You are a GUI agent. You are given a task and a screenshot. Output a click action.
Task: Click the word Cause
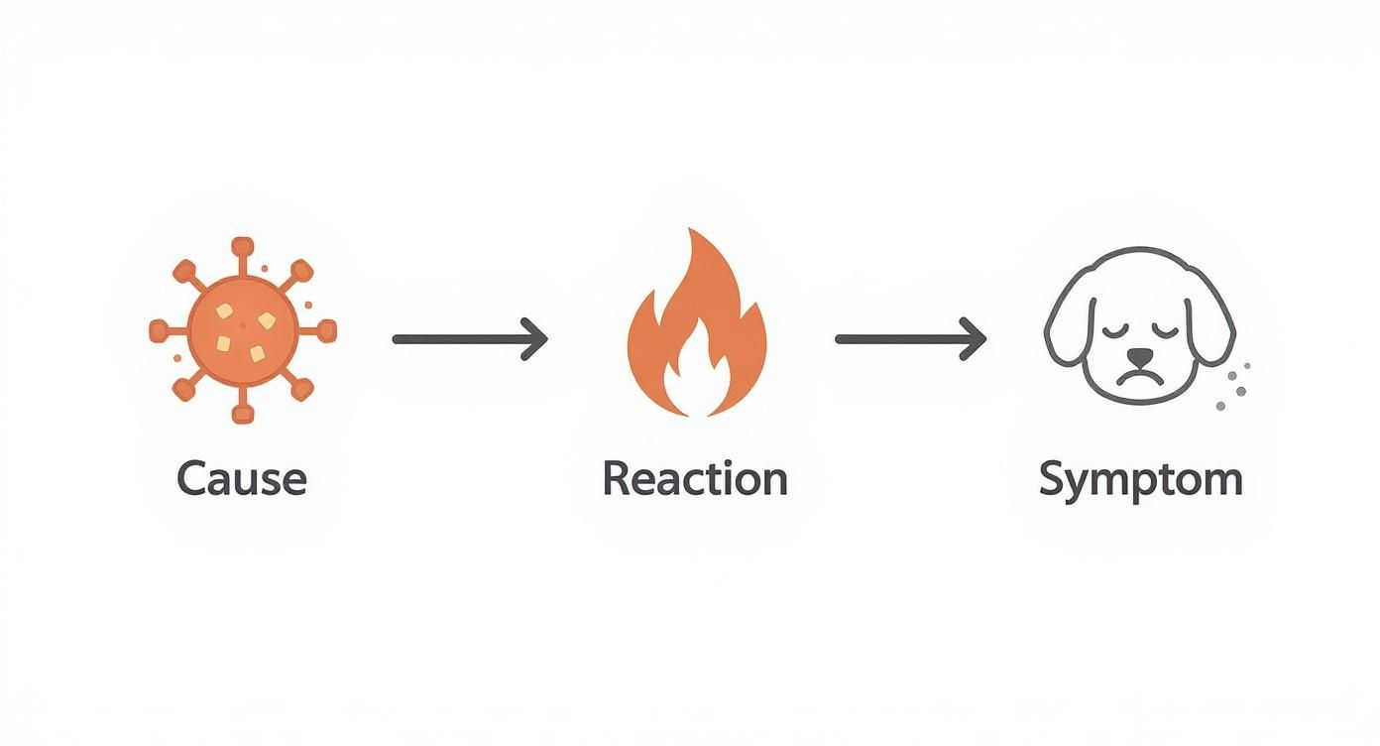pyautogui.click(x=242, y=479)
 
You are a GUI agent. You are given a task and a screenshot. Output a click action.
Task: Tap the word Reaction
pyautogui.click(x=695, y=478)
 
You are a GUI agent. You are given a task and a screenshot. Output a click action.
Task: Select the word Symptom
pyautogui.click(x=1140, y=481)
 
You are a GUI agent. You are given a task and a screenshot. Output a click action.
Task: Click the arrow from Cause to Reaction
pyautogui.click(x=470, y=338)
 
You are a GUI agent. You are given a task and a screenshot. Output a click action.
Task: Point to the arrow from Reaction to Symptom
pyautogui.click(x=910, y=338)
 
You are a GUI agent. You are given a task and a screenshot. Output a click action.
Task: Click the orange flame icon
pyautogui.click(x=696, y=322)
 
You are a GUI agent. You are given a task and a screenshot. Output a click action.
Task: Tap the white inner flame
pyautogui.click(x=696, y=376)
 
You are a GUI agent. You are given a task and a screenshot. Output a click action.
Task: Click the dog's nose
pyautogui.click(x=1140, y=356)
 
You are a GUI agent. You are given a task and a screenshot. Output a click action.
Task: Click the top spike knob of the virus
pyautogui.click(x=243, y=246)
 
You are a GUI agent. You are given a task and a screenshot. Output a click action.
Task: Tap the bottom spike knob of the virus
pyautogui.click(x=243, y=415)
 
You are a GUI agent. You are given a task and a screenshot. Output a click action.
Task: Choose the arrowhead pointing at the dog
pyautogui.click(x=974, y=338)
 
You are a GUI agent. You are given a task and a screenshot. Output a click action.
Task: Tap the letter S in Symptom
pyautogui.click(x=1053, y=478)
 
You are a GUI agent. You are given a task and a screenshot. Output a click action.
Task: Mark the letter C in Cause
pyautogui.click(x=191, y=478)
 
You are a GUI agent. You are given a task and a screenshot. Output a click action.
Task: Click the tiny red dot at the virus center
pyautogui.click(x=243, y=325)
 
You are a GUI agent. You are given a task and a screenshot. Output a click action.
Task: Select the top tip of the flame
pyautogui.click(x=691, y=229)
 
